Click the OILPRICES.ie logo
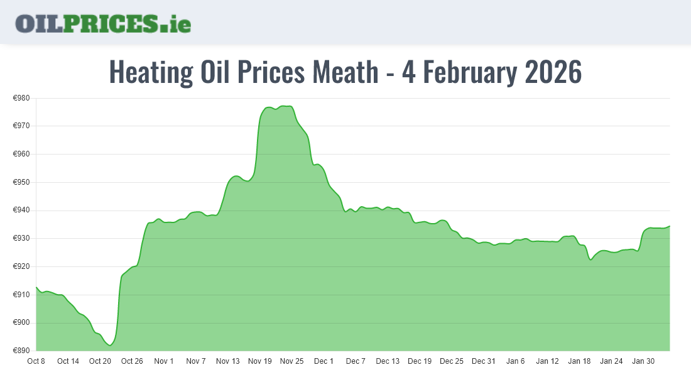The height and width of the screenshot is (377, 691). point(103,23)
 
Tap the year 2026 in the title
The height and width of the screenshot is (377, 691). point(553,73)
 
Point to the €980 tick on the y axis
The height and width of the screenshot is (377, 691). point(22,98)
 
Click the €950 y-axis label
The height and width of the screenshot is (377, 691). point(22,182)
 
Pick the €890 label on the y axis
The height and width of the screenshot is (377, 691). point(22,351)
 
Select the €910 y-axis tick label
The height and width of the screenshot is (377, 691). point(22,295)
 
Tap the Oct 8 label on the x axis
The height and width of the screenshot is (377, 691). point(36,361)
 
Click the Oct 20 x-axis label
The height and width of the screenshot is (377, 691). point(100,361)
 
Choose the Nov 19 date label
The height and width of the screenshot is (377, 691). point(259,361)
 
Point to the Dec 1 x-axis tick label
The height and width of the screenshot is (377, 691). point(324,361)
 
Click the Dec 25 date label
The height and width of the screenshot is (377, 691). point(451,361)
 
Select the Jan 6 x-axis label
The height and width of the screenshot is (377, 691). point(515,361)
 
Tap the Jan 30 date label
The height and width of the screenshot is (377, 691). point(643,361)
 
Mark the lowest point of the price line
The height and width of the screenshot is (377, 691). point(110,346)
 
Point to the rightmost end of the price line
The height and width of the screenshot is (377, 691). point(670,226)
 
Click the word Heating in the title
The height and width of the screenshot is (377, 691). point(151,73)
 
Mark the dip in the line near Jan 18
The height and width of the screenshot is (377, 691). point(590,260)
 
